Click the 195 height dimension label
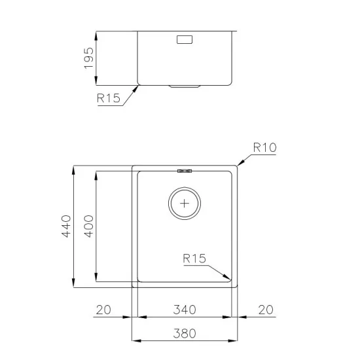(x=90, y=58)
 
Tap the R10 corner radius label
(x=265, y=148)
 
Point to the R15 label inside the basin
(x=194, y=259)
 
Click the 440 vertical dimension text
(x=65, y=226)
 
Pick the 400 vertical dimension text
(x=89, y=226)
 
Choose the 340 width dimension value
(x=185, y=310)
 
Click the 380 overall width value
(x=185, y=333)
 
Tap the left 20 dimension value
(x=103, y=310)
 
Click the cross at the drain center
(x=185, y=203)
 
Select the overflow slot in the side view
(x=185, y=40)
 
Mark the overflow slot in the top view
(x=185, y=171)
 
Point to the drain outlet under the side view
(x=185, y=86)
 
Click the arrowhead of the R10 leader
(x=237, y=167)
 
